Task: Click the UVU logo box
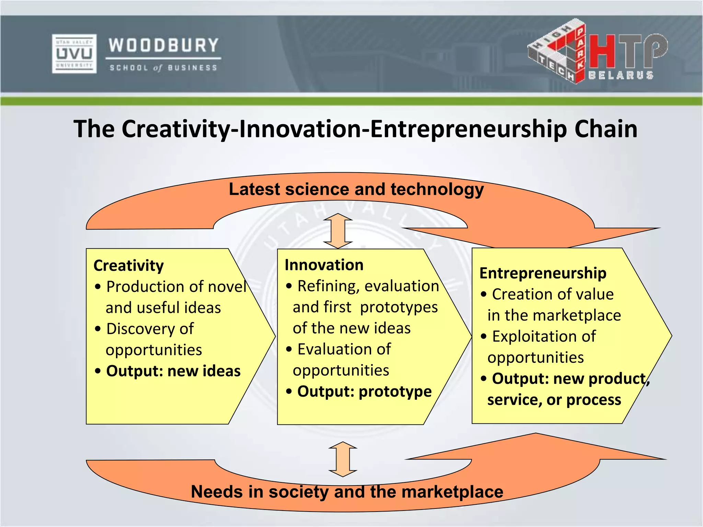tap(74, 54)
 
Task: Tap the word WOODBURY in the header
tap(163, 46)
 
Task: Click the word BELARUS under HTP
tap(621, 75)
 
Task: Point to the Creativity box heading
tap(129, 266)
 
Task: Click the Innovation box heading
tap(324, 265)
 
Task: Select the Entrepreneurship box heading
tap(543, 273)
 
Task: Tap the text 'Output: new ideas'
tap(173, 371)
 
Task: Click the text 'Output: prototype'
tap(364, 391)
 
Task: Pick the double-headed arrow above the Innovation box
tap(338, 231)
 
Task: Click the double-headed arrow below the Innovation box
tap(343, 459)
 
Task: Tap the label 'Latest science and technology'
tap(356, 189)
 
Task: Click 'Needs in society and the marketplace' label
tap(347, 492)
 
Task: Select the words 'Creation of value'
tap(553, 294)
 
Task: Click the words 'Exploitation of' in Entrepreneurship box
tap(544, 337)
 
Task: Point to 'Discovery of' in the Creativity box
tap(150, 329)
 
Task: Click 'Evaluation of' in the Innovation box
tap(344, 349)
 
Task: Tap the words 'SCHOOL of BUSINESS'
tap(163, 68)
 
